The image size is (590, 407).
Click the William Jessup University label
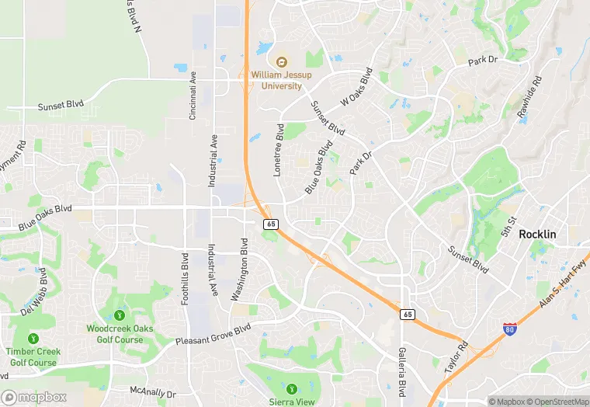276,80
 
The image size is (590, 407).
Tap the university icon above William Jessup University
277,61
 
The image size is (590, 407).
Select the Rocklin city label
537,234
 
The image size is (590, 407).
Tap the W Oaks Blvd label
363,90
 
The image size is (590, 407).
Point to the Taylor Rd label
456,358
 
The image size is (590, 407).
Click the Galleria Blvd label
403,370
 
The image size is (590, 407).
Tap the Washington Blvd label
239,269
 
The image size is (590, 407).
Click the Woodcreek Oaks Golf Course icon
120,315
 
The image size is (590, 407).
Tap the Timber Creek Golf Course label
33,357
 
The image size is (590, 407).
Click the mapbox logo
34,397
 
